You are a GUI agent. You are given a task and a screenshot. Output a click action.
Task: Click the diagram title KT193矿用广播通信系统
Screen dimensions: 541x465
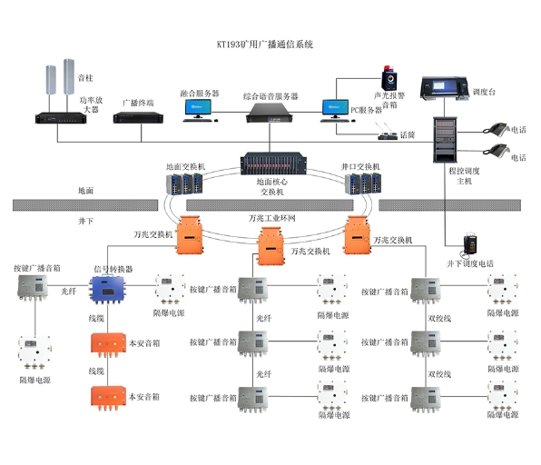265,45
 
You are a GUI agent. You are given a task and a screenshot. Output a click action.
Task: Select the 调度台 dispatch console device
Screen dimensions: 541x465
445,89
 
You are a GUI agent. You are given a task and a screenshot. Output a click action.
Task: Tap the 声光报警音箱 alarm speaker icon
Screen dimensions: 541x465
389,78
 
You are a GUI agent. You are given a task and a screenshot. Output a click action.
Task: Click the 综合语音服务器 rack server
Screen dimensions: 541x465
270,113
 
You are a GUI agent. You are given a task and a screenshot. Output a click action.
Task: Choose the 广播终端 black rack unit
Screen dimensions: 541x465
138,118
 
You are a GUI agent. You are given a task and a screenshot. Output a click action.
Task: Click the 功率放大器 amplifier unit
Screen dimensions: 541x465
61,118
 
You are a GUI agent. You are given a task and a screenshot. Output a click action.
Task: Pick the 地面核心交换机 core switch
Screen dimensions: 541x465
273,163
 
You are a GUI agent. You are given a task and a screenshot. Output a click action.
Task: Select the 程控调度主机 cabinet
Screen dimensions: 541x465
445,140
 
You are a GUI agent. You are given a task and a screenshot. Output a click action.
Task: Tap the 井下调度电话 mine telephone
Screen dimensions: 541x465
470,244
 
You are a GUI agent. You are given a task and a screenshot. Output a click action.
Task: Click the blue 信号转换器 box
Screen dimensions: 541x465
108,290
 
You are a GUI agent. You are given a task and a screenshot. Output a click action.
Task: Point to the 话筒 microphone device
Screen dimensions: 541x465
388,133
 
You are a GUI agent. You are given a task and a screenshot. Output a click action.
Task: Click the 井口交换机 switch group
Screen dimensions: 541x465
363,183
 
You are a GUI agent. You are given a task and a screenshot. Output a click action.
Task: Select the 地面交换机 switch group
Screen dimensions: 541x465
184,183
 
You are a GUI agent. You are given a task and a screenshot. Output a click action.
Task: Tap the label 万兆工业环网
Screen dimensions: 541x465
272,218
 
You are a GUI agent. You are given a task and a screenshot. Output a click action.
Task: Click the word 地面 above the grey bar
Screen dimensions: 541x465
85,191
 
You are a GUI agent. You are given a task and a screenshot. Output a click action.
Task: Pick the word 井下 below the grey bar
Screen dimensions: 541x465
85,221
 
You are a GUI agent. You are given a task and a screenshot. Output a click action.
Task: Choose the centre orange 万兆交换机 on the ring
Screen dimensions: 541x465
270,246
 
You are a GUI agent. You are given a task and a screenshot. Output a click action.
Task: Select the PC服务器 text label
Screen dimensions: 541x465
367,110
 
